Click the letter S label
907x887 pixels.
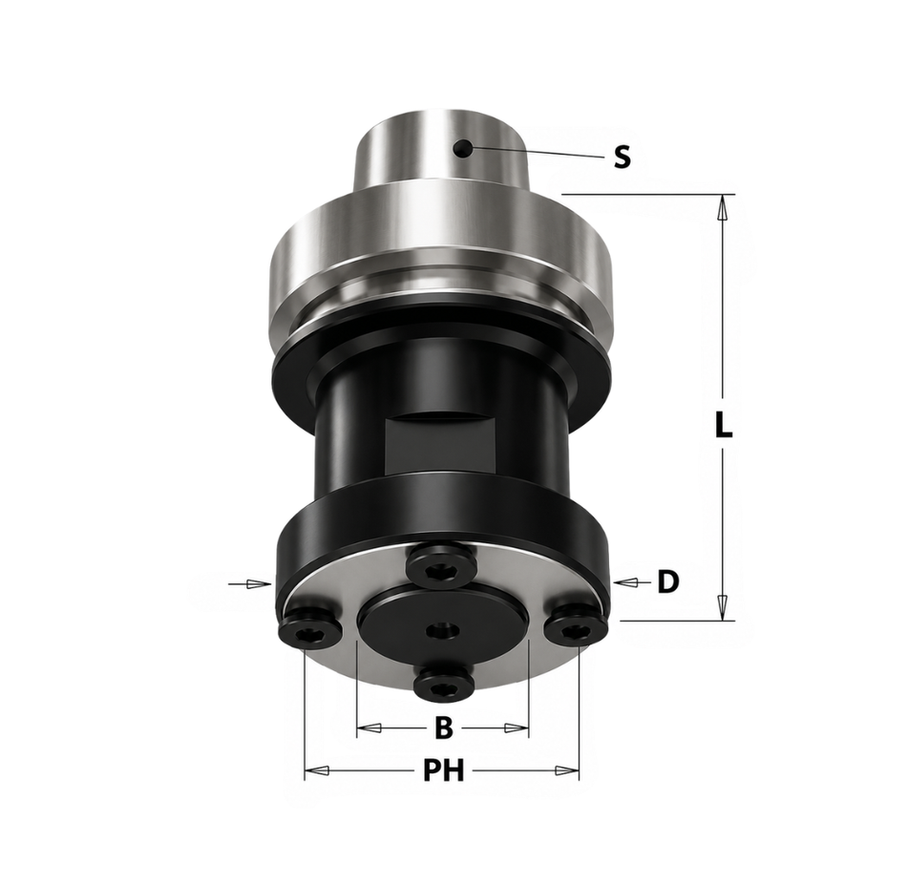click(x=622, y=157)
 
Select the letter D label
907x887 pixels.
click(x=668, y=581)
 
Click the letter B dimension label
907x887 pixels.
click(x=443, y=728)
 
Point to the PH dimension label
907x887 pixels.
click(x=444, y=771)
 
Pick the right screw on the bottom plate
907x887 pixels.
click(x=576, y=624)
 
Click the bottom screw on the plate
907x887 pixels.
click(x=444, y=682)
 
